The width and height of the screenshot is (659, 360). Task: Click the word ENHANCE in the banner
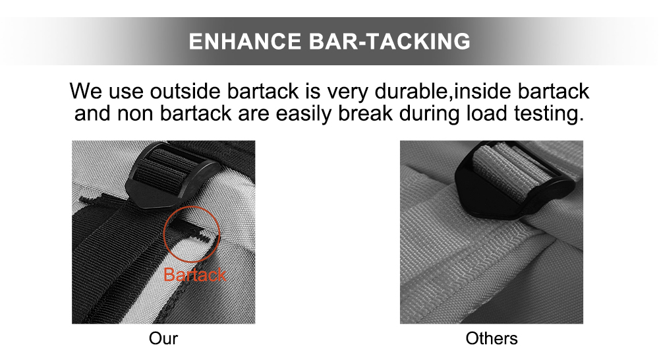point(245,42)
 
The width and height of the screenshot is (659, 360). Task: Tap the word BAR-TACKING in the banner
point(390,42)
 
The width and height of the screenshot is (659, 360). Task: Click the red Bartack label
point(194,275)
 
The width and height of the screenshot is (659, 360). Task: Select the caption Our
point(163,339)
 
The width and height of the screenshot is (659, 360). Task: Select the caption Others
point(492,339)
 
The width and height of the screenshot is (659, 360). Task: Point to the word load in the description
point(486,113)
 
